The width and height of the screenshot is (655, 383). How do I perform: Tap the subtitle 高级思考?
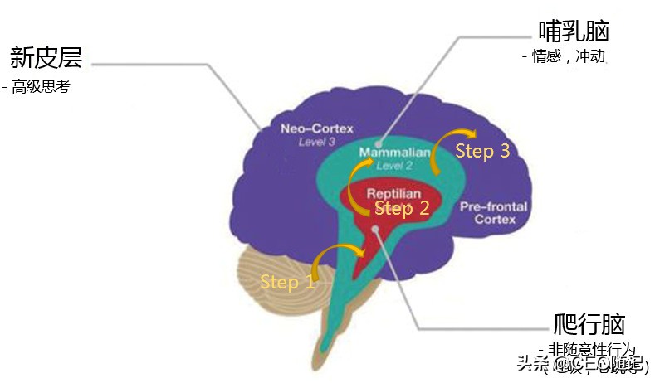pos(41,87)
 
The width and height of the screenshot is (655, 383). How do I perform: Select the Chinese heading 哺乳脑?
pos(574,32)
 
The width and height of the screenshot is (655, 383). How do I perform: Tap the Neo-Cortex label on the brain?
pos(316,128)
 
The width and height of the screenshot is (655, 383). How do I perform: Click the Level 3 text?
pos(316,142)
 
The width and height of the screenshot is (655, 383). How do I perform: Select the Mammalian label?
pos(394,153)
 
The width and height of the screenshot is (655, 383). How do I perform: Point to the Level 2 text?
pos(394,166)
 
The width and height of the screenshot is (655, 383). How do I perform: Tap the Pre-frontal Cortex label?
pos(495,213)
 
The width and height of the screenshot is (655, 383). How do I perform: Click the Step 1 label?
pos(287,282)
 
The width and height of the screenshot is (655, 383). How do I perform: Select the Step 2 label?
pos(402,209)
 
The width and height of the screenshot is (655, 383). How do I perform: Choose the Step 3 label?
pos(482,151)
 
